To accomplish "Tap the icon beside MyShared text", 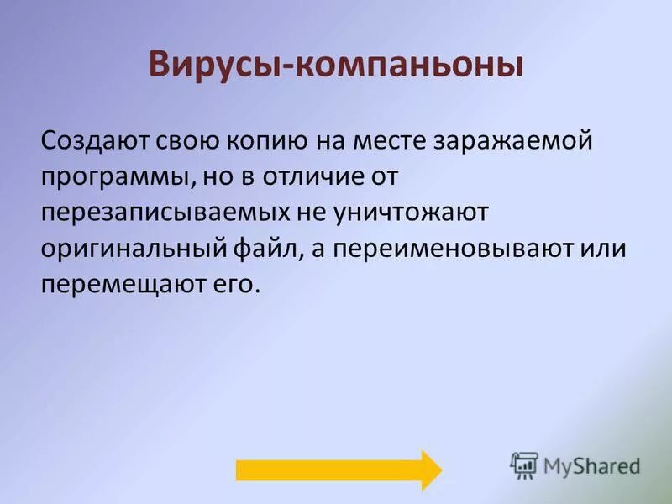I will (524, 465).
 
